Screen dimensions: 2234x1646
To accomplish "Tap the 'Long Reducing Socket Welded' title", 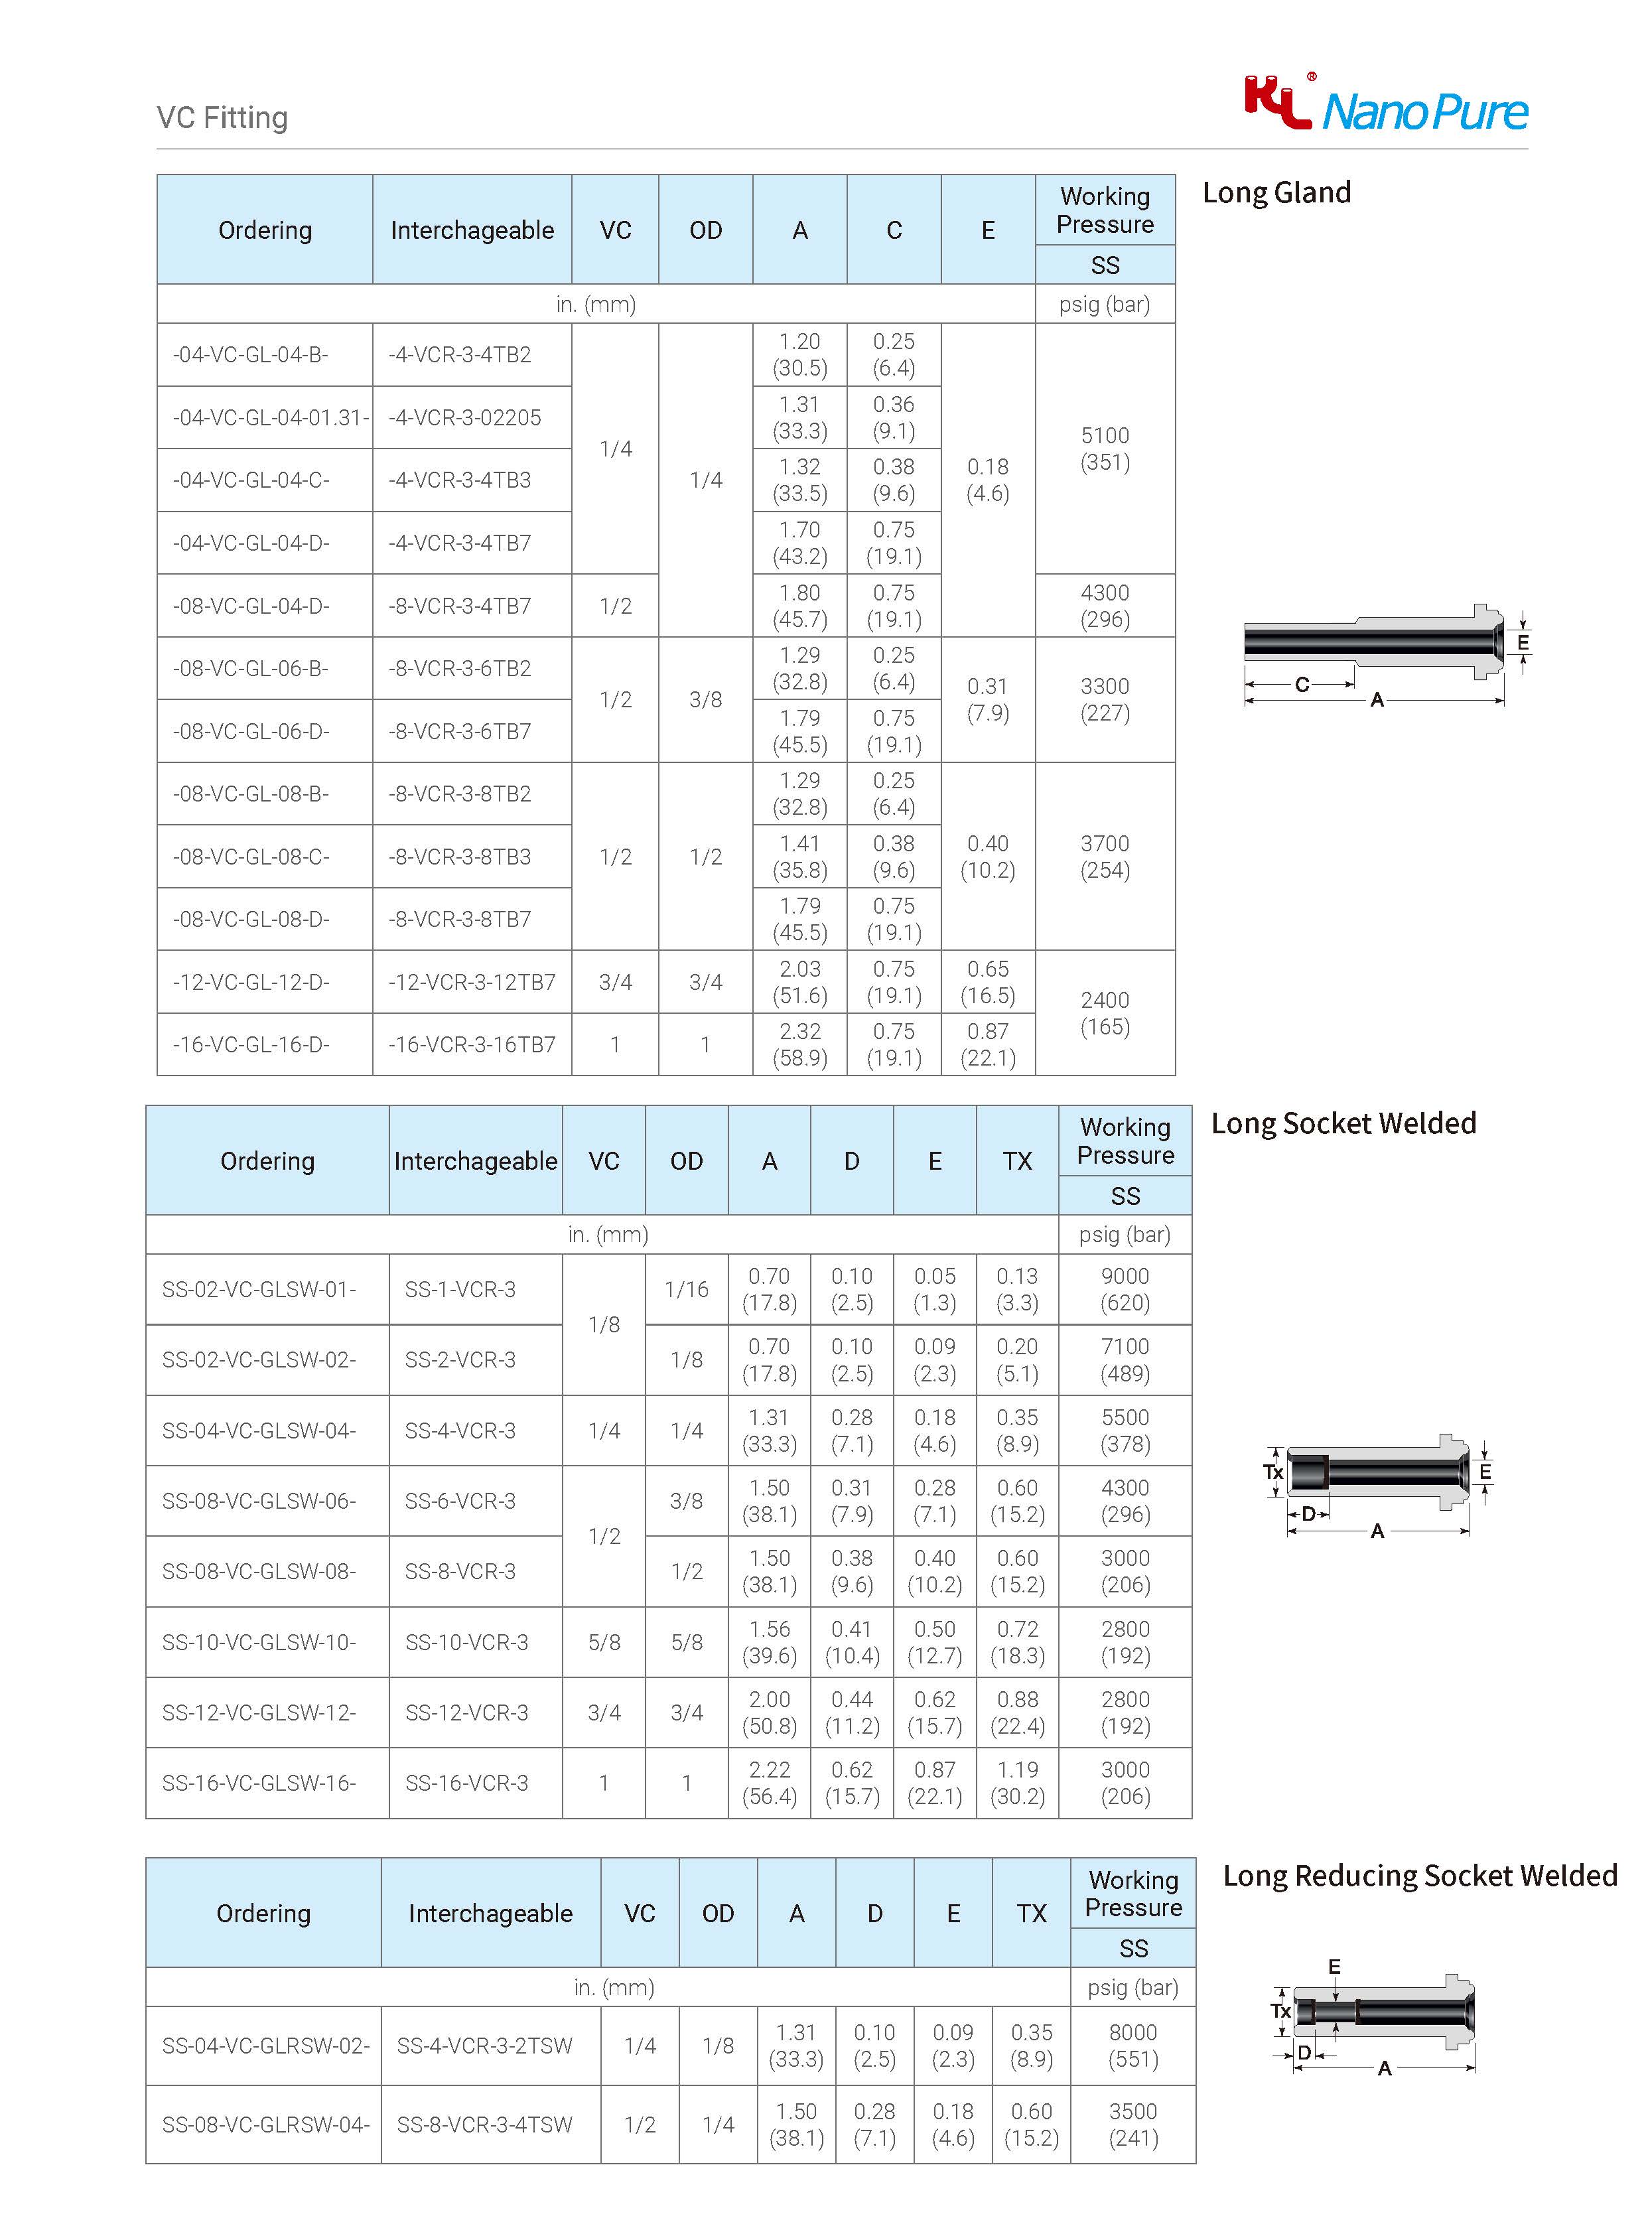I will [x=1419, y=1875].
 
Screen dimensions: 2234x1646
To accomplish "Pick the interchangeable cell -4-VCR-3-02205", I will [x=464, y=417].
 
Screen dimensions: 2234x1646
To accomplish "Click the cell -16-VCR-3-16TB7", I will [x=471, y=1044].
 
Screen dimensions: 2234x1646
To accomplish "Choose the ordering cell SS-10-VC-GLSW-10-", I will [x=259, y=1642].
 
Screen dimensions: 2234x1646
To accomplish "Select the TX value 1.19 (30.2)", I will [x=1016, y=1783].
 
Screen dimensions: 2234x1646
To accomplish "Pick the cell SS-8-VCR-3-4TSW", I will [x=484, y=2125].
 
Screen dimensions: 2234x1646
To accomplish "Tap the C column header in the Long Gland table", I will [x=894, y=230].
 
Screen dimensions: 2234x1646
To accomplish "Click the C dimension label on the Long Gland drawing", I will [x=1301, y=685].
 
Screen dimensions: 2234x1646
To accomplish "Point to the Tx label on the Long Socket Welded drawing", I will [x=1272, y=1472].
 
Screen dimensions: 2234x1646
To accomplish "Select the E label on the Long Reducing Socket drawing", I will [x=1334, y=1966].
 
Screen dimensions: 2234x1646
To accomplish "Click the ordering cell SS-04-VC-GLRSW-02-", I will [x=265, y=2046].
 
